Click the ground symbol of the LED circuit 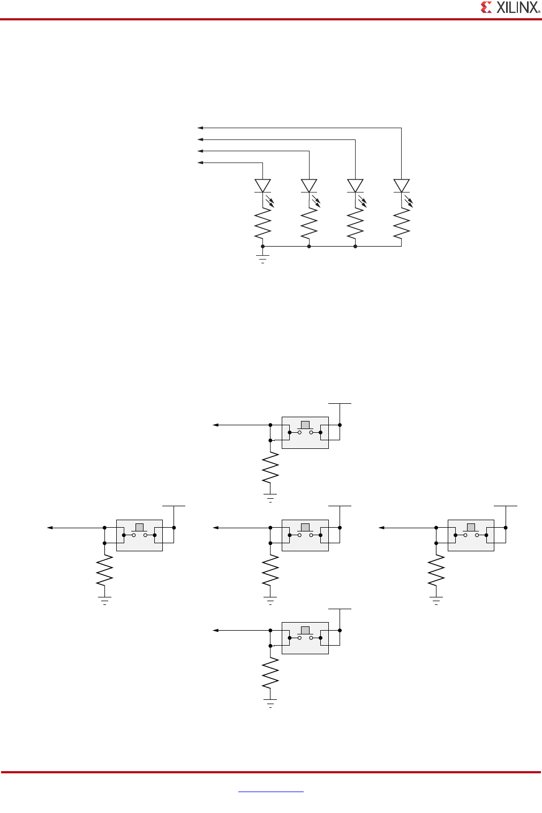pos(262,258)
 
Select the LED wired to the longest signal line pos(401,186)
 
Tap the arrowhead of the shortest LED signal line pos(200,162)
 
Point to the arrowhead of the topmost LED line pos(200,128)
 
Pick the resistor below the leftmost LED pos(262,224)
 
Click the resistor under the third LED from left pos(355,224)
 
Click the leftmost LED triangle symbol pos(262,186)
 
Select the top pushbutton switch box pos(305,432)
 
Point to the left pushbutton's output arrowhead pos(50,528)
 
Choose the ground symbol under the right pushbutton pos(436,600)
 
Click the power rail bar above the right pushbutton pos(506,506)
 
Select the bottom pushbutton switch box pos(305,638)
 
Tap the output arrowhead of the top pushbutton pos(216,425)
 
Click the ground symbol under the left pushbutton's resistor pos(104,600)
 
